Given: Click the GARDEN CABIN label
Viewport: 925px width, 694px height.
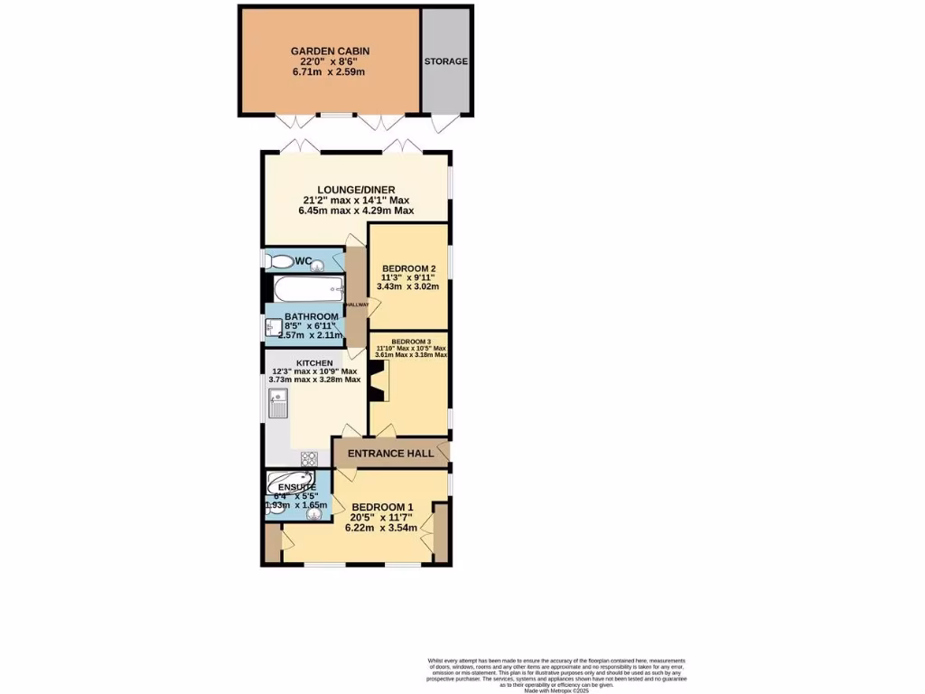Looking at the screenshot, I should (x=330, y=52).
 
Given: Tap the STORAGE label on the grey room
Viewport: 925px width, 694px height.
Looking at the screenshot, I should (x=446, y=61).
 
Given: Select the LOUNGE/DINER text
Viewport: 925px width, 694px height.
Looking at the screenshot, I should (x=355, y=189).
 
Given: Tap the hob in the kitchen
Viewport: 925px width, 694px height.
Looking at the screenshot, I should (x=307, y=457).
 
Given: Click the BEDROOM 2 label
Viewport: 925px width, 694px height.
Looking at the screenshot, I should (x=409, y=268).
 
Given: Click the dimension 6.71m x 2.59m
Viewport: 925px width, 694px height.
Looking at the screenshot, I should (x=329, y=72).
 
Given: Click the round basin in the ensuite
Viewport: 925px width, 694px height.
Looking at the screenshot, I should (x=314, y=515).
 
